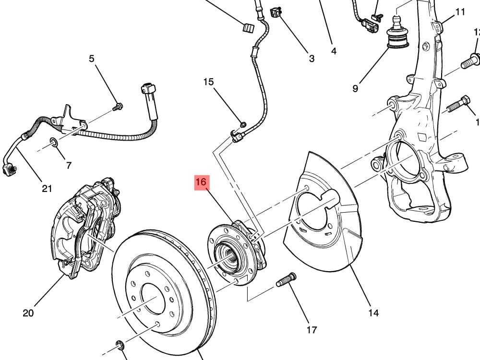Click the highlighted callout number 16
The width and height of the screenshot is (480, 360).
(x=201, y=183)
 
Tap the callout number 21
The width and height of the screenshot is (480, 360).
(x=46, y=188)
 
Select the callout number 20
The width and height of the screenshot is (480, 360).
(x=28, y=313)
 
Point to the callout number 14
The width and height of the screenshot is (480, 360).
(x=373, y=313)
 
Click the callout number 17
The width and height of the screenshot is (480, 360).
(x=312, y=330)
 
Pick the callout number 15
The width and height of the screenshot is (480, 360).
(x=208, y=82)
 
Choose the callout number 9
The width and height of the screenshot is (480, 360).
(x=355, y=88)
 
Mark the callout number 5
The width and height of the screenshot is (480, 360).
(x=92, y=59)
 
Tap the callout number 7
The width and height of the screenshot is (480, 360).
(x=69, y=165)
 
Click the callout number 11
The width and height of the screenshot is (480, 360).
(x=460, y=12)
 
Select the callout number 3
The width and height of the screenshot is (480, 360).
(x=312, y=59)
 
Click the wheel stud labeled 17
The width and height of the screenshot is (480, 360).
(x=286, y=280)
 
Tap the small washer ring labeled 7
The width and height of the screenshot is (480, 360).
(x=54, y=142)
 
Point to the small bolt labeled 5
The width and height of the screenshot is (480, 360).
(x=118, y=106)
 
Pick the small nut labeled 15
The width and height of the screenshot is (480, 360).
(x=242, y=125)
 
